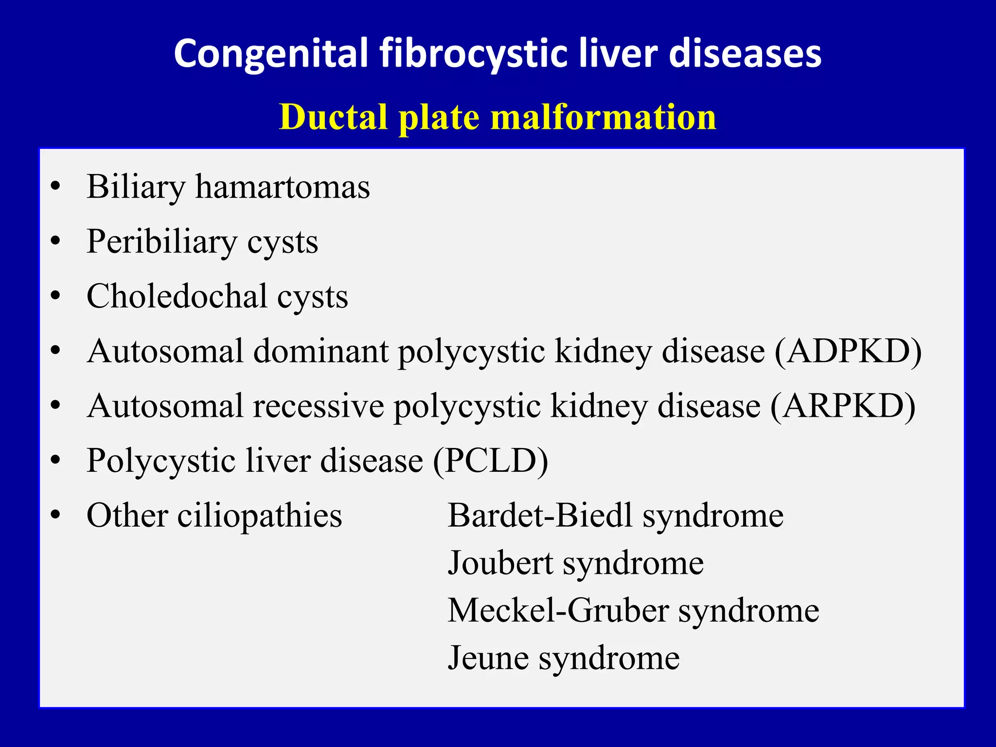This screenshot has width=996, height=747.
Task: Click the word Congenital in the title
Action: [x=271, y=53]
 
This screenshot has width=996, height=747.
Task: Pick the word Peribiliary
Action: [x=161, y=242]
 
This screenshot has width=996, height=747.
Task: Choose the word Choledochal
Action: [x=177, y=296]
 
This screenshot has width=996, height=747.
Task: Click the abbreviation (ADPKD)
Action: [x=848, y=351]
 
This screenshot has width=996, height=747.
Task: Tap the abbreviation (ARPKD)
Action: [x=843, y=406]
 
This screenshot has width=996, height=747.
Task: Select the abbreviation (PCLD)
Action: [x=490, y=461]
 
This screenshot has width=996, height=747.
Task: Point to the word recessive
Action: [x=318, y=406]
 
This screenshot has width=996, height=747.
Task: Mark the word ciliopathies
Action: [x=260, y=516]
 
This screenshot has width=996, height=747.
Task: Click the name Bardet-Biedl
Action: [x=540, y=516]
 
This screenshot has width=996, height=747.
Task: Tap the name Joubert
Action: [x=500, y=563]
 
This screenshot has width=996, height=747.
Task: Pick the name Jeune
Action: [x=488, y=658]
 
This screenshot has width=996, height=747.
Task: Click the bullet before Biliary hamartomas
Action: [x=56, y=187]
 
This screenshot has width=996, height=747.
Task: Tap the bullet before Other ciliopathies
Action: [x=56, y=516]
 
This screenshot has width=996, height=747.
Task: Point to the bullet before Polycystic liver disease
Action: [x=56, y=461]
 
